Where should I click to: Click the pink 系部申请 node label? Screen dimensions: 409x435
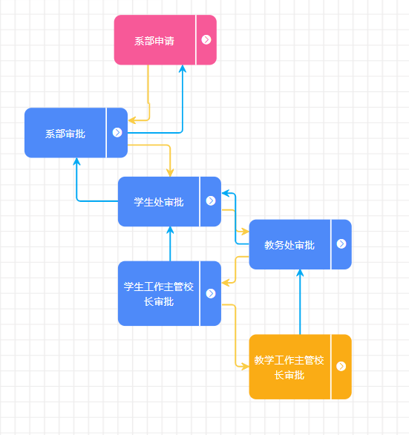[154, 41]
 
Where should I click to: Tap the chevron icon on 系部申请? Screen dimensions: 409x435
[206, 39]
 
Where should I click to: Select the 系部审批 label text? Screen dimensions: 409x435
[65, 134]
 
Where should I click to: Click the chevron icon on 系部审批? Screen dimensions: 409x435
[117, 132]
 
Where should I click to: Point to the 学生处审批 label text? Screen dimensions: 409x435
[159, 202]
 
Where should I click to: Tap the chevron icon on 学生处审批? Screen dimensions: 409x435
[211, 200]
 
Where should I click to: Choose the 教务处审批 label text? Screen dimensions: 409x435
[289, 245]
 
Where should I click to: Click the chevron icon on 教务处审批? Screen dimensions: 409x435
[341, 244]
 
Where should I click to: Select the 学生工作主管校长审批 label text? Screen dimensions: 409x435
[159, 294]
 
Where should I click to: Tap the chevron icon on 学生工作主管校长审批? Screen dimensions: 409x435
[211, 293]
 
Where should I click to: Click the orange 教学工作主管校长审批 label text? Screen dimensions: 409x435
[289, 367]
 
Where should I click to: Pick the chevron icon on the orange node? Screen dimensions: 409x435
[341, 366]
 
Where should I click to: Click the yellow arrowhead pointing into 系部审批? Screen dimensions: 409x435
[131, 120]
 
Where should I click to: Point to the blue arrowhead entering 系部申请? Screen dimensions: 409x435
[183, 68]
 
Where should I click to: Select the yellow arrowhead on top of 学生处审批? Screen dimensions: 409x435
[170, 172]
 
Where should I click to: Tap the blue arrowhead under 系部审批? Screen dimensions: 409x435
[76, 162]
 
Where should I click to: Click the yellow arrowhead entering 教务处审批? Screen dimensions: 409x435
[245, 231]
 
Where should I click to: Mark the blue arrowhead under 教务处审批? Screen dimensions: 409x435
[300, 273]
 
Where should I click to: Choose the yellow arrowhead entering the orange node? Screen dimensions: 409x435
[245, 367]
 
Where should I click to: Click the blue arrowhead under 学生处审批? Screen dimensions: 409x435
[170, 230]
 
